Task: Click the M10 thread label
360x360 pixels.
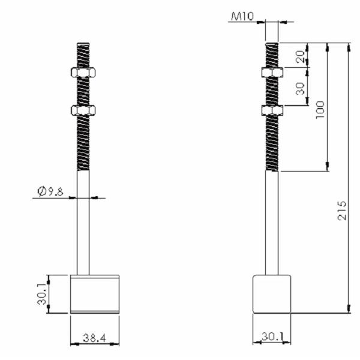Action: (242, 17)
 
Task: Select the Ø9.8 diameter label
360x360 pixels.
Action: (50, 191)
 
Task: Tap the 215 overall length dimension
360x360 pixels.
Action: (342, 211)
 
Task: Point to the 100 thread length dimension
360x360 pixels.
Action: (320, 110)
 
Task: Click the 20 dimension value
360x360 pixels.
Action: (301, 56)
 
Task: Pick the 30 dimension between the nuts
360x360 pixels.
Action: (301, 89)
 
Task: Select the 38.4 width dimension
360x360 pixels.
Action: (95, 338)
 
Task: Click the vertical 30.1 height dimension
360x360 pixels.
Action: (42, 294)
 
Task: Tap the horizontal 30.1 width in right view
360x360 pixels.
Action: (272, 337)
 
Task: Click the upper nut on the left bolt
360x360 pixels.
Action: (83, 73)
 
